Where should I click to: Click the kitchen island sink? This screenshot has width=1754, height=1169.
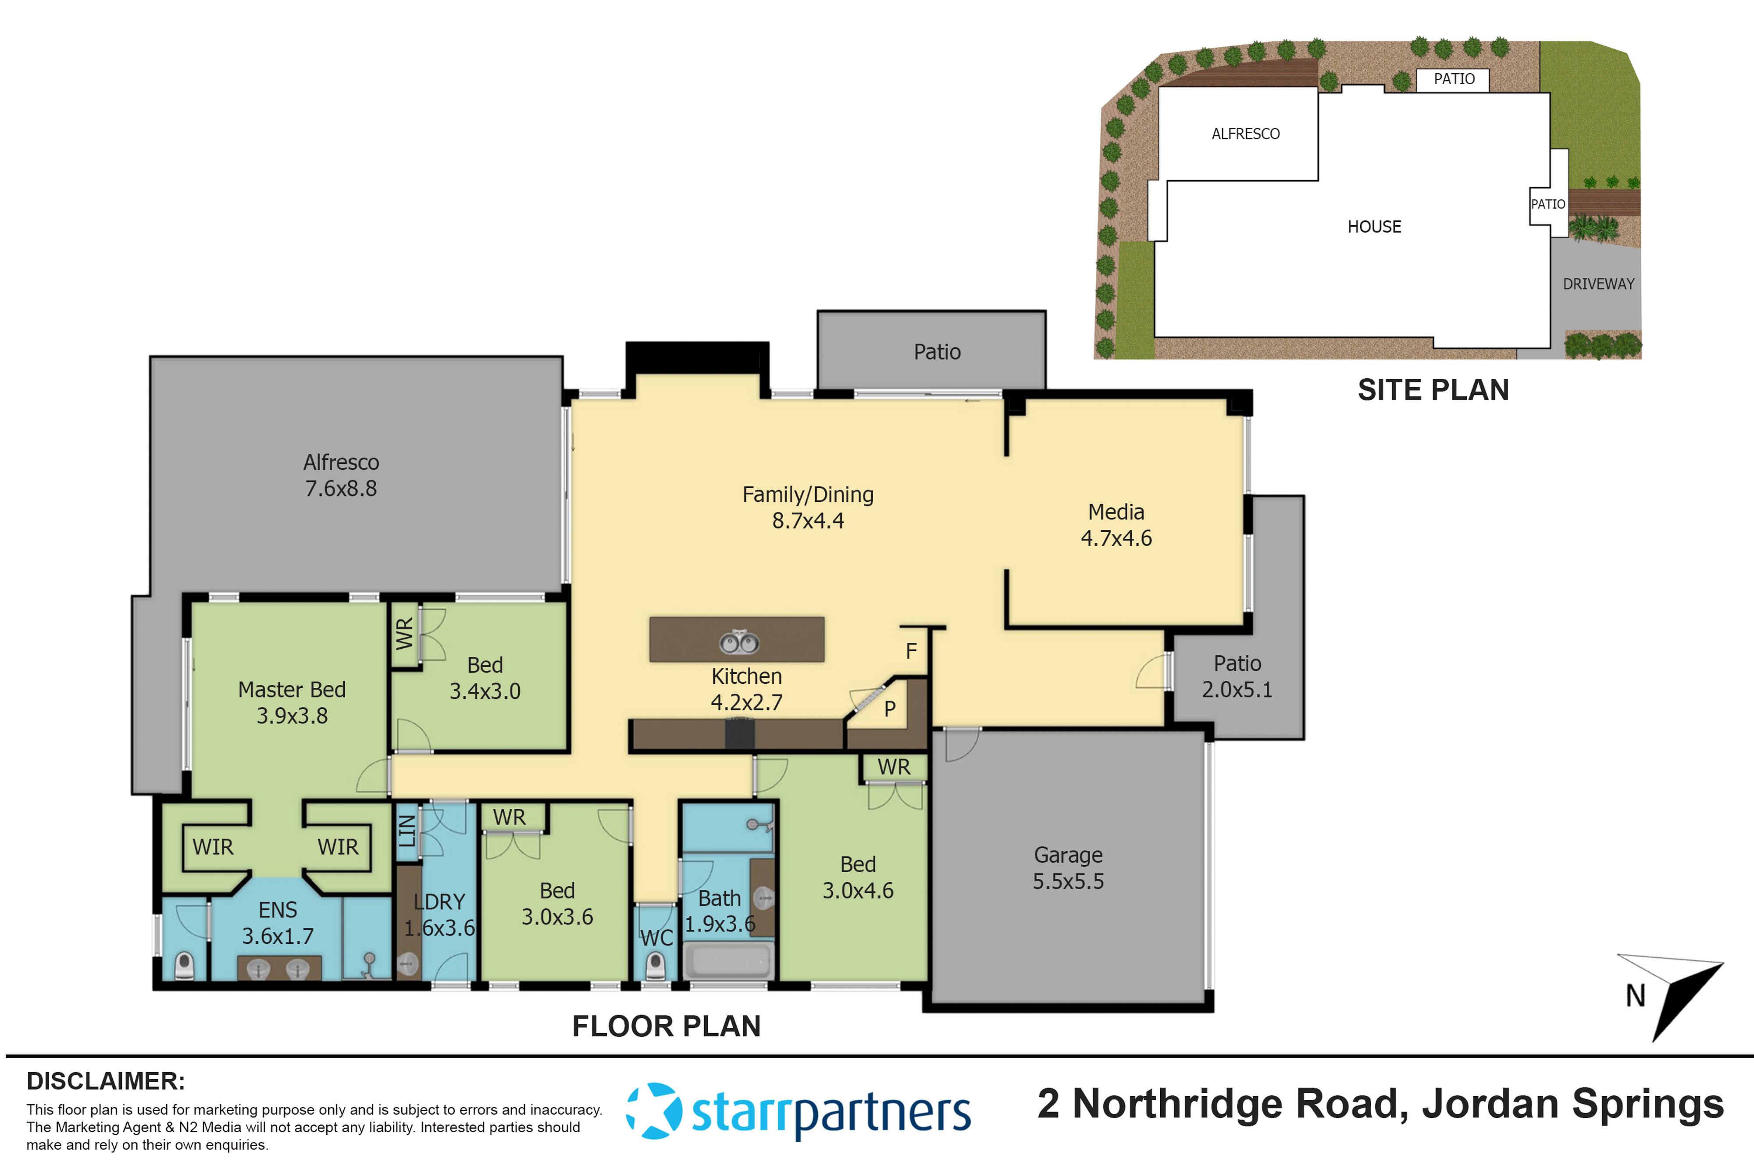point(739,642)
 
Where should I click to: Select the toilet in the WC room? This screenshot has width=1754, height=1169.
point(655,966)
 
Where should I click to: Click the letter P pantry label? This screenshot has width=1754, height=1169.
point(890,708)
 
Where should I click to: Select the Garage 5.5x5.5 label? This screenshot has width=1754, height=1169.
point(1068,868)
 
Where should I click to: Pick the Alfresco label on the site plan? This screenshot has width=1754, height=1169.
point(1245,134)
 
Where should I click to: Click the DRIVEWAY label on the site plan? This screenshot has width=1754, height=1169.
point(1598,284)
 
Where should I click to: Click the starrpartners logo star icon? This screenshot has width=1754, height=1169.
point(653,1111)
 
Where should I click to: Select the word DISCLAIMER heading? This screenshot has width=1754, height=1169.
point(105,1081)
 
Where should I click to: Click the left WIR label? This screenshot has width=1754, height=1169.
point(213,847)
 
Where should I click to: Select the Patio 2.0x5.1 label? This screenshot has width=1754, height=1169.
point(1237,676)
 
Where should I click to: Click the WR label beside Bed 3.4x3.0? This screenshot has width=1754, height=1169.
point(404,634)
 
